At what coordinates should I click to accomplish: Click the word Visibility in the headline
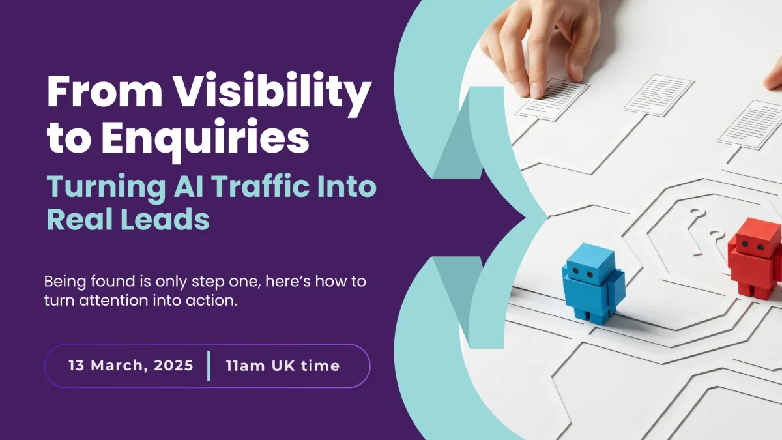tap(272, 91)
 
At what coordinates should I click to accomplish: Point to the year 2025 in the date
tap(173, 366)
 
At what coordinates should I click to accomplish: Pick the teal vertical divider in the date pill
tap(209, 366)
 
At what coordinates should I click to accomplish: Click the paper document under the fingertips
tap(553, 100)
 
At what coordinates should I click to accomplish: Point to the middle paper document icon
tap(659, 95)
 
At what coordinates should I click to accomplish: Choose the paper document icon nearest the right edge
tap(751, 125)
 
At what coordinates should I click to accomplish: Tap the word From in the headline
tap(105, 91)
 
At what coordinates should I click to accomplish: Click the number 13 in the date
tap(76, 366)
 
